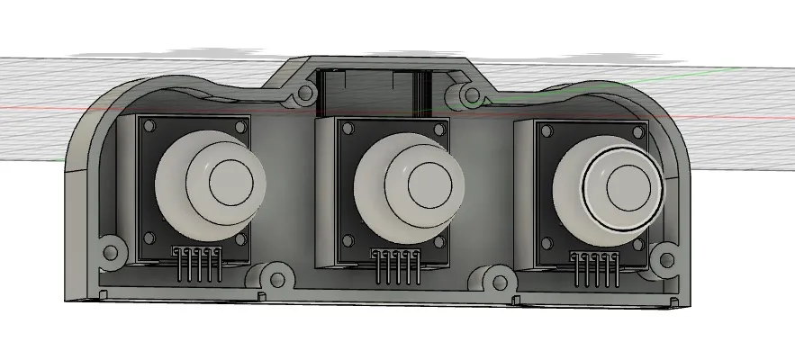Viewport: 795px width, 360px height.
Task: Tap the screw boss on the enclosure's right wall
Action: pos(666,261)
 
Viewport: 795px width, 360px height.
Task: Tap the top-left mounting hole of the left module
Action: pos(150,127)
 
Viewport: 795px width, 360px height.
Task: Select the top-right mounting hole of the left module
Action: pos(241,125)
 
